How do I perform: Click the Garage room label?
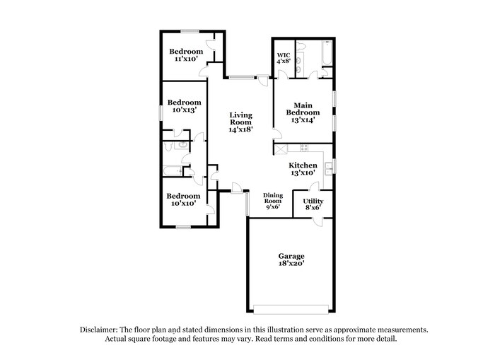(291, 256)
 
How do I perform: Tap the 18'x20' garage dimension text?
(291, 264)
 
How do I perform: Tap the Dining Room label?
(272, 198)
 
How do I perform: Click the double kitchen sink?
(329, 168)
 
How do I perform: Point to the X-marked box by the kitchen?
(281, 149)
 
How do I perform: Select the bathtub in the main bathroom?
(326, 54)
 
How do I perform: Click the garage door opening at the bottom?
(291, 308)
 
